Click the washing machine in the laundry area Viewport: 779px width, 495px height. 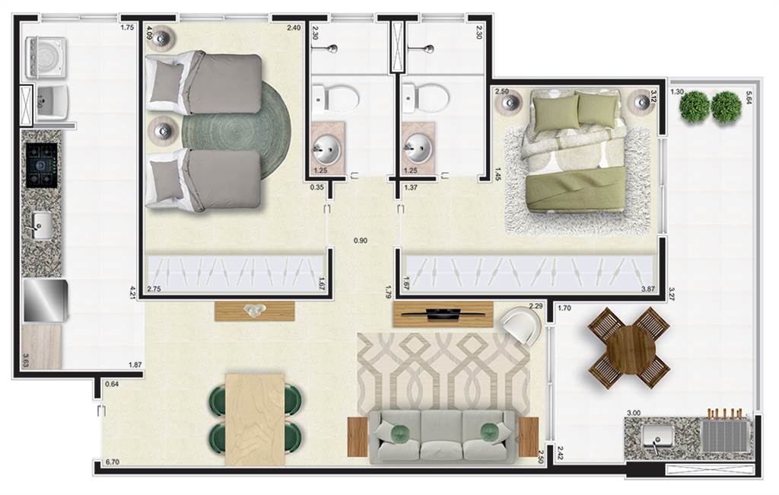45,57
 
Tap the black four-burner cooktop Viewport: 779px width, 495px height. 43,165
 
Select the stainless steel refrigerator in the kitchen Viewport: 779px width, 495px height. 45,301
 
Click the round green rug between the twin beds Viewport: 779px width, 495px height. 236,132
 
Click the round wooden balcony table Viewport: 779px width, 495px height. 629,348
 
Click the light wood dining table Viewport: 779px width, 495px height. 255,419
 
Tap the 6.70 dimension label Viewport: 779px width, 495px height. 113,462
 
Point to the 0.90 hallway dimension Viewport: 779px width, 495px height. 361,241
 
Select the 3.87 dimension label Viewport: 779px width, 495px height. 648,289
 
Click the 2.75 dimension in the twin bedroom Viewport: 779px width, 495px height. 154,289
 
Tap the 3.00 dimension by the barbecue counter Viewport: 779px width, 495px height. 634,413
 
